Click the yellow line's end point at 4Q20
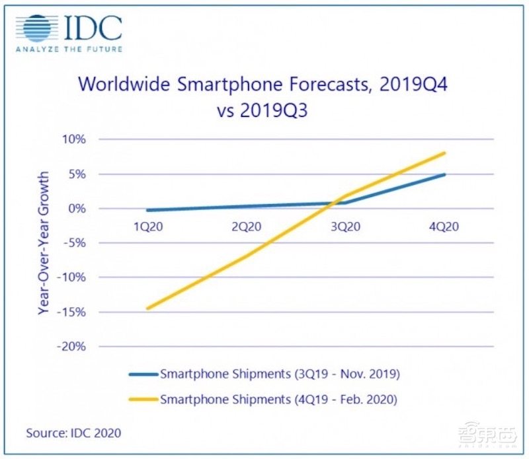(444, 153)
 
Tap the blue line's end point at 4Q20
(444, 174)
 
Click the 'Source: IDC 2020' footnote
(73, 433)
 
